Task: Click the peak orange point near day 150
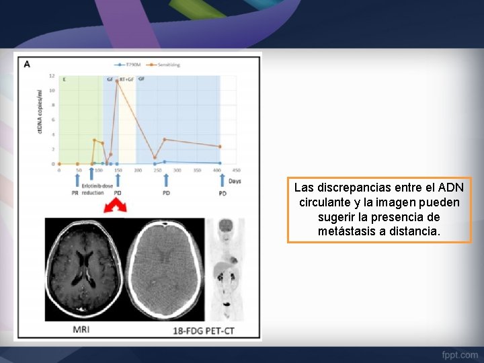point(117,81)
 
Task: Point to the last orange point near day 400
point(220,147)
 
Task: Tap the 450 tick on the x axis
point(237,171)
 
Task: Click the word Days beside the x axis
point(235,181)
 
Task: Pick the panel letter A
point(28,65)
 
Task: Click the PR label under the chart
point(76,193)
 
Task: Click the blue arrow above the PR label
point(76,179)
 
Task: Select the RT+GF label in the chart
point(126,79)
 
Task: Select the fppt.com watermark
point(460,354)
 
